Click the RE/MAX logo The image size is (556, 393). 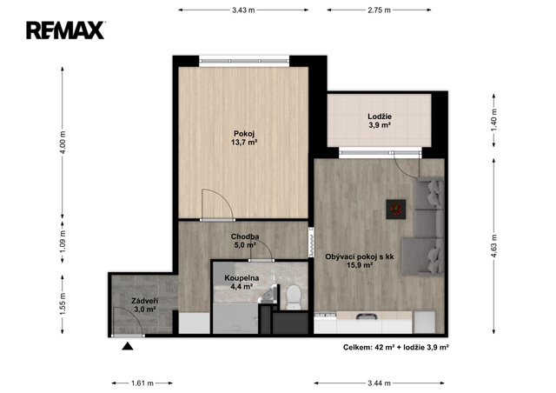coord(65,30)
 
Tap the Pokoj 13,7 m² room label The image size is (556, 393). coord(244,138)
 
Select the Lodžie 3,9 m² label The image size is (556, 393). coord(380,121)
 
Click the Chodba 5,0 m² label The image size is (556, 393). coord(245,241)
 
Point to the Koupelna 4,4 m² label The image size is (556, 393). coord(242,283)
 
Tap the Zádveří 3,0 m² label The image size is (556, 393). coord(145,305)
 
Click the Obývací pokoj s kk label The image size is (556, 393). coord(360,256)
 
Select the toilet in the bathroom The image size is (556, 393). coord(294,297)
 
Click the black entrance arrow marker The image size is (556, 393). coord(128,346)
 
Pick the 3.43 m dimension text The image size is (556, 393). coord(243,10)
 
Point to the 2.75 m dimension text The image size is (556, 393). coord(379,10)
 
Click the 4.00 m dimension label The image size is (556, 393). coord(63,142)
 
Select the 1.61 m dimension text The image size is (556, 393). coord(142,383)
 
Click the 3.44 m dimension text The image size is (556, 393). coord(379,383)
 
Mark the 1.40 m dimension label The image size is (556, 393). coord(494,120)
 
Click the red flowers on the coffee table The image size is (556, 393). coord(396,209)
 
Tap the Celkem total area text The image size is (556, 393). coord(396,347)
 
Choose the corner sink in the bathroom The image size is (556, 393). coord(270,294)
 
